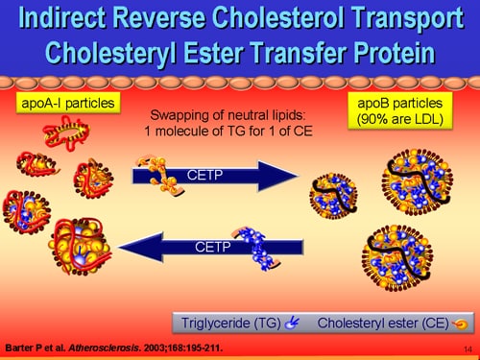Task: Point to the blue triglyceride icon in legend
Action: pos(292,323)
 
